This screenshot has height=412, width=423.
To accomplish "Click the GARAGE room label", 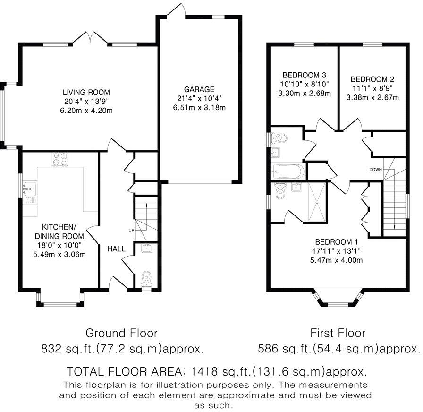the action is point(199,89).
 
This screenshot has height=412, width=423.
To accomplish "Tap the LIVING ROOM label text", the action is point(86,92).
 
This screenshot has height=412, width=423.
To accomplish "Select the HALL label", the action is point(116,249).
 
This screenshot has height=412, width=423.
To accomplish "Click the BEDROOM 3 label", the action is point(305,75).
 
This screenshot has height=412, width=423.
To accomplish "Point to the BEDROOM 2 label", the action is point(372,79).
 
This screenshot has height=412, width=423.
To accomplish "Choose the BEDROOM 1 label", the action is point(337,242).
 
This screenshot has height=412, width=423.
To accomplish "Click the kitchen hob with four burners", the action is point(60,159).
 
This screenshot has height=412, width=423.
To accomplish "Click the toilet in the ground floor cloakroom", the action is point(147,279).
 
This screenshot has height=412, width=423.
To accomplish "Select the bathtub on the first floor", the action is point(288,171).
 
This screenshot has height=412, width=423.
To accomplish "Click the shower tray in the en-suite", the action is point(317,202).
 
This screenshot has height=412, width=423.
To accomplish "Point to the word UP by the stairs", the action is point(131,231).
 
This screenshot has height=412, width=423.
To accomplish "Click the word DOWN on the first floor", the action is point(375,170).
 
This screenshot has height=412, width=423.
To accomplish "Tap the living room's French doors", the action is point(90,37).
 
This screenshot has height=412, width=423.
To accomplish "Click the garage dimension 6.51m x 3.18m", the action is point(199,107).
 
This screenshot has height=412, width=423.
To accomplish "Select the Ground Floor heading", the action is point(121,333).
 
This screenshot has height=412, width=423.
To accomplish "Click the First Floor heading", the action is point(338,333).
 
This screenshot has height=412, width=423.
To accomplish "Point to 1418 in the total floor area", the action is point(204,372).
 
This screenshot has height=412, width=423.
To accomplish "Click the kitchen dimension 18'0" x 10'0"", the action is point(59,245).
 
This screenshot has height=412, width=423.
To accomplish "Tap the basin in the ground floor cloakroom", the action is point(147,248).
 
